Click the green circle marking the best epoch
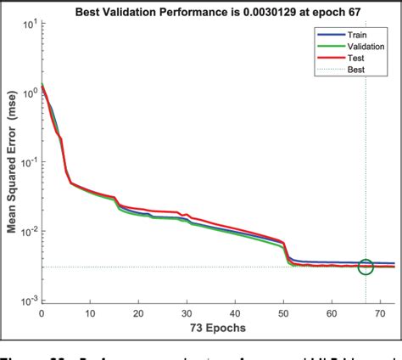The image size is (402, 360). click(366, 267)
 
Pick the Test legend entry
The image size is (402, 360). click(348, 59)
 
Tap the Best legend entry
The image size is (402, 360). click(348, 70)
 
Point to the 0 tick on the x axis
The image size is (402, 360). click(41, 312)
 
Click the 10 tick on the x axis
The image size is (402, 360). click(89, 312)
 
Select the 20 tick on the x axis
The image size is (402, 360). click(137, 312)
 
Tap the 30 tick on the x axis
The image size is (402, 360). click(186, 312)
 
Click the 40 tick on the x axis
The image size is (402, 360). click(235, 312)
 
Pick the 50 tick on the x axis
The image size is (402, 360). click(283, 312)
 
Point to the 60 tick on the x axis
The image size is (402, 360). click(332, 312)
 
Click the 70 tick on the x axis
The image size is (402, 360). click(380, 312)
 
